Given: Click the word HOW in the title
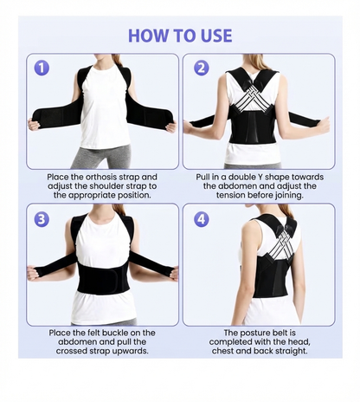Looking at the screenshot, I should pyautogui.click(x=150, y=36).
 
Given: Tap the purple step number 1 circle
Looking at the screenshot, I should pyautogui.click(x=42, y=68).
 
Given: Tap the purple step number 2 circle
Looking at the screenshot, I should pyautogui.click(x=201, y=68).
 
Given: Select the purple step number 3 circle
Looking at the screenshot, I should pyautogui.click(x=42, y=219).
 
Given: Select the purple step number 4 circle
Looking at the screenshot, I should pyautogui.click(x=201, y=219).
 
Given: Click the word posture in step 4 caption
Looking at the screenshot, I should pyautogui.click(x=254, y=333).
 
